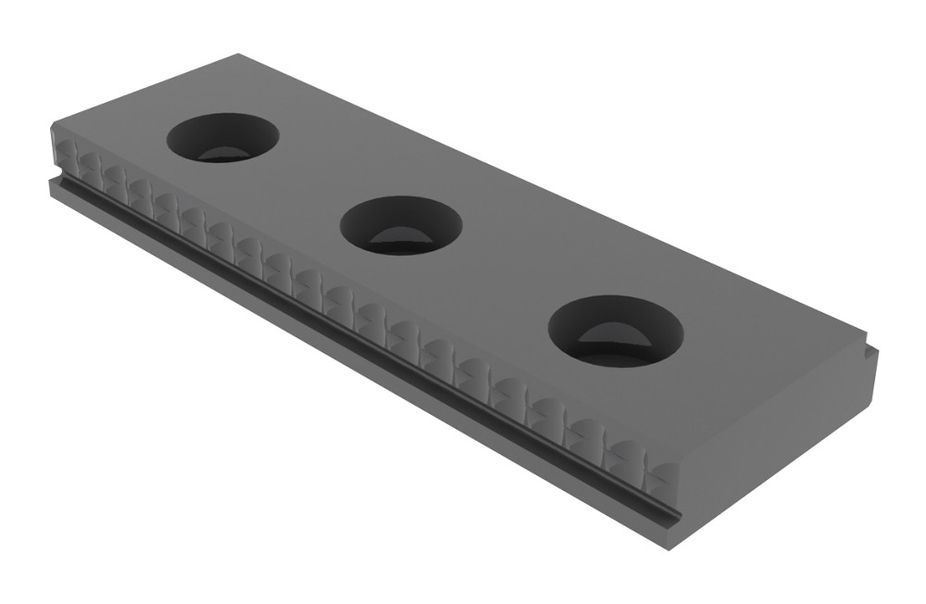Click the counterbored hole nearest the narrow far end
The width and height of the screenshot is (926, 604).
[222, 137]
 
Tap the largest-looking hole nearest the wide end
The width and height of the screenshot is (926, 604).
[616, 331]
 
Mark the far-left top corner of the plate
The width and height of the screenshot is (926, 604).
[52, 124]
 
